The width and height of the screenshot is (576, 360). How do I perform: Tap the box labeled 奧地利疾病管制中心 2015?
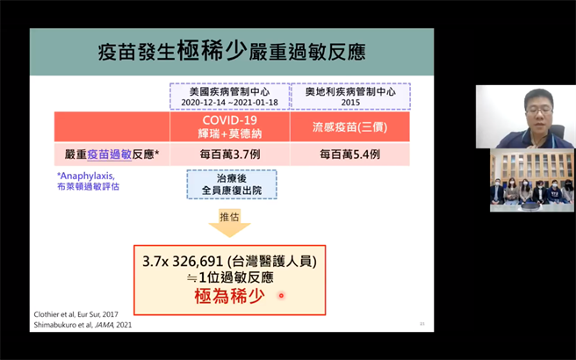(350, 96)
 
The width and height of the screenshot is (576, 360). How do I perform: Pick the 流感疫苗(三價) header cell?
(350, 126)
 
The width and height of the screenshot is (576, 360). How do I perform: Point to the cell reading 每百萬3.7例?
(229, 155)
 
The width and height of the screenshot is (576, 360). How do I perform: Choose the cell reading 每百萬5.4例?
(350, 155)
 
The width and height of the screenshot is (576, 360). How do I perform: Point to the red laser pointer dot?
(281, 296)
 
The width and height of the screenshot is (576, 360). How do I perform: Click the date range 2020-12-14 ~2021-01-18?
(229, 102)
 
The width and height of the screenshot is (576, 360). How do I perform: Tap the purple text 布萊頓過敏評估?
(88, 186)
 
